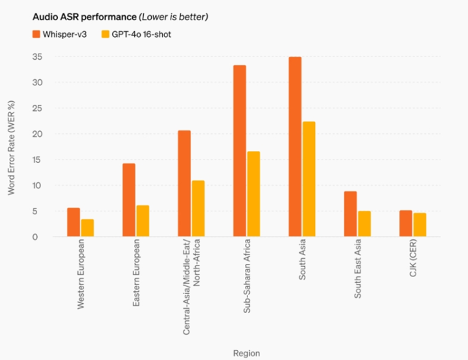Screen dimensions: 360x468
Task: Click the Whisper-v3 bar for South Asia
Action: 295,146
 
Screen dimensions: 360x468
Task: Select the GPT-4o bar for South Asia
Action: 309,179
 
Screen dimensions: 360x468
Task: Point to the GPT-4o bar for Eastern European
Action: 143,221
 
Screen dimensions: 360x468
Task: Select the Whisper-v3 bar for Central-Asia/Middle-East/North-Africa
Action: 184,183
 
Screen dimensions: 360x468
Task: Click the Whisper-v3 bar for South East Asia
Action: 350,214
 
